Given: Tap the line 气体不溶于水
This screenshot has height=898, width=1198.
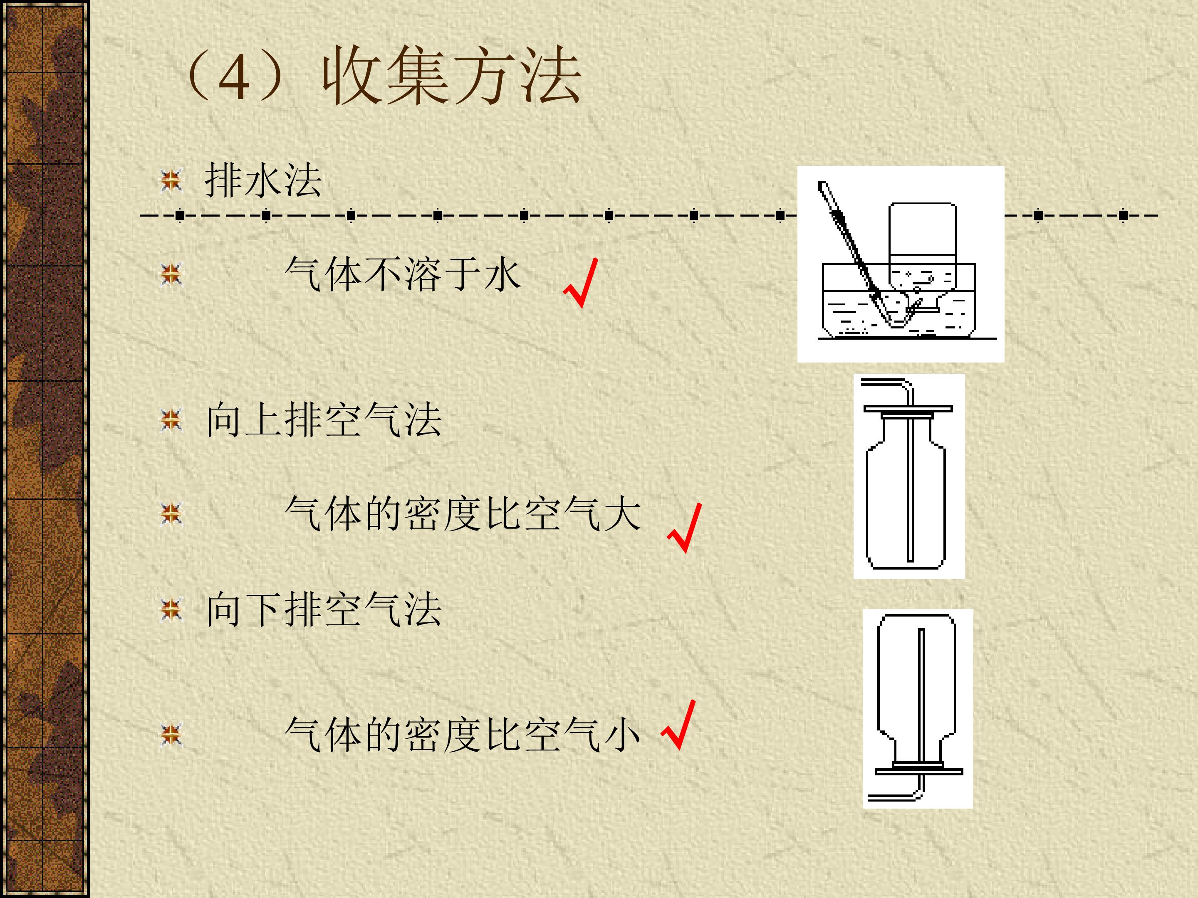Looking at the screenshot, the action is click(403, 274).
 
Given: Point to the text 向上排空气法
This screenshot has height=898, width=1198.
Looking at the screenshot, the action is click(324, 419).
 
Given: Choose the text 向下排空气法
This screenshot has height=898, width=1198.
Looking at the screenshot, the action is click(324, 609).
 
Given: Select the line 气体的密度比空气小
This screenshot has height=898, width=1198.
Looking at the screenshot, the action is click(463, 735).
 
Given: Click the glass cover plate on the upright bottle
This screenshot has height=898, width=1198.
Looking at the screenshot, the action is click(908, 408).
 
